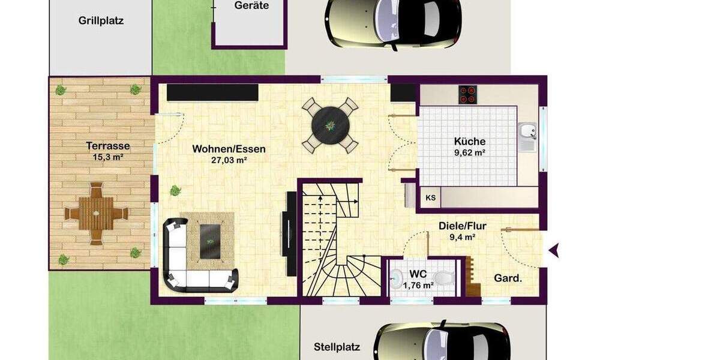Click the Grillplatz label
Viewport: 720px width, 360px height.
click(x=101, y=20)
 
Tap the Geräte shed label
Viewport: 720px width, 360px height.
click(x=252, y=5)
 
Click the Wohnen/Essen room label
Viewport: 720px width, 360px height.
click(x=229, y=149)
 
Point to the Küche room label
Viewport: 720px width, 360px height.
click(x=470, y=142)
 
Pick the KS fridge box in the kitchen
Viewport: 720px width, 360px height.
click(x=431, y=197)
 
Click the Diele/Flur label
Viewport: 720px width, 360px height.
click(x=462, y=226)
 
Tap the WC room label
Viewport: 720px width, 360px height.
click(x=418, y=274)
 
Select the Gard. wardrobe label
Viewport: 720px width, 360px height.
click(x=508, y=278)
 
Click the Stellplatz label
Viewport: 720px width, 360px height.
click(x=337, y=347)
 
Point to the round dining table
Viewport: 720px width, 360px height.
click(x=330, y=125)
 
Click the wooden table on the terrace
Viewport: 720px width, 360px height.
click(x=97, y=213)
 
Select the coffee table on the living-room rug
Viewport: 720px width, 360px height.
click(x=209, y=241)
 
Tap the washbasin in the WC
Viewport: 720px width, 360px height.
click(x=397, y=278)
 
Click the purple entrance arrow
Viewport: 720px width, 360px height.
click(x=554, y=250)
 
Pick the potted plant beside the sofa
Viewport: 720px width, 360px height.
click(x=175, y=191)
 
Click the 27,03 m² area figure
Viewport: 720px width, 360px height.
click(x=229, y=160)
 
